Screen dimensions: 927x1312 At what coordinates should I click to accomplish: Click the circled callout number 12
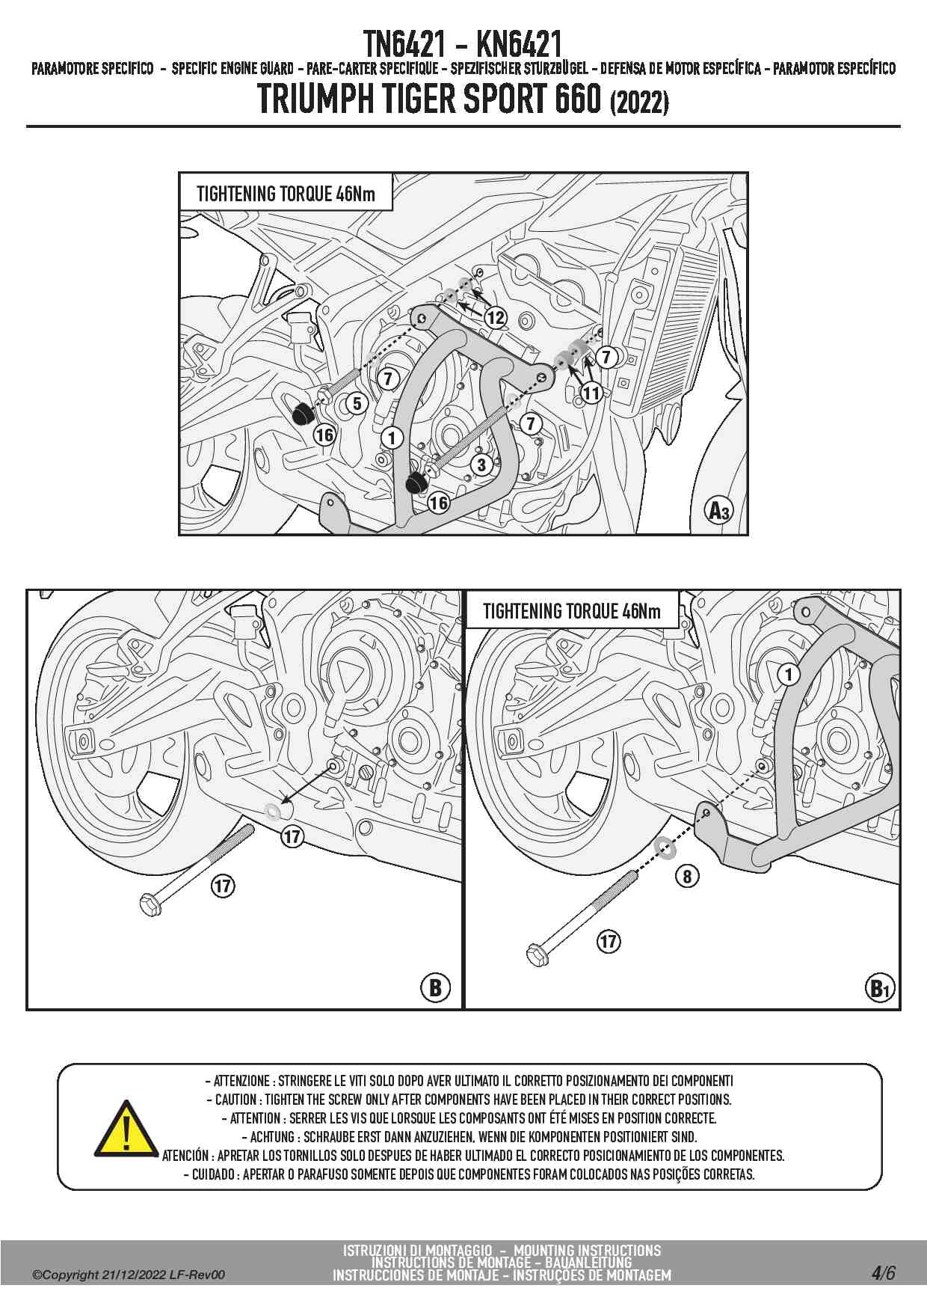pos(496,318)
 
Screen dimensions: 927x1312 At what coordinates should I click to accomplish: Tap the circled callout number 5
pos(357,404)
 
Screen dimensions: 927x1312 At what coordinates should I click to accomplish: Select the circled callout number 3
pos(481,465)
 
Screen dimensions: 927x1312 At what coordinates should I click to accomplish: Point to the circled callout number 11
pos(591,393)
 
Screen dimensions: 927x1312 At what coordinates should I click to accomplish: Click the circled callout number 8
pos(687,876)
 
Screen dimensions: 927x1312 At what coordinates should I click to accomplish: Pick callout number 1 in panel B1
pos(788,675)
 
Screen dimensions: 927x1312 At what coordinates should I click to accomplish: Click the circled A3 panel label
pos(718,511)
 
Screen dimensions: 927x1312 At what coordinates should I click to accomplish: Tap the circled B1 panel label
pos(880,989)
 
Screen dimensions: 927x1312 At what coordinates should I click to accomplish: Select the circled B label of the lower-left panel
pos(435,987)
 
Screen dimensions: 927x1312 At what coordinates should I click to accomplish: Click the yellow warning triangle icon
pos(126,1127)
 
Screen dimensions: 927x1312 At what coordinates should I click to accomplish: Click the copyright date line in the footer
pos(129,1275)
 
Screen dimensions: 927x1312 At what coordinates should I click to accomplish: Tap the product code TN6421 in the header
pos(404,45)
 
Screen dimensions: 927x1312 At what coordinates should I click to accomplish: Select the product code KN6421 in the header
pos(519,45)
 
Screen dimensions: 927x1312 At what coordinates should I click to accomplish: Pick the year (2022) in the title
pos(639,102)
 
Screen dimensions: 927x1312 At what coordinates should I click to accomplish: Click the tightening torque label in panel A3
pos(286,194)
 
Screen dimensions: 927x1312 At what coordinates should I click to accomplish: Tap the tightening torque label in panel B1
pos(572,611)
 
